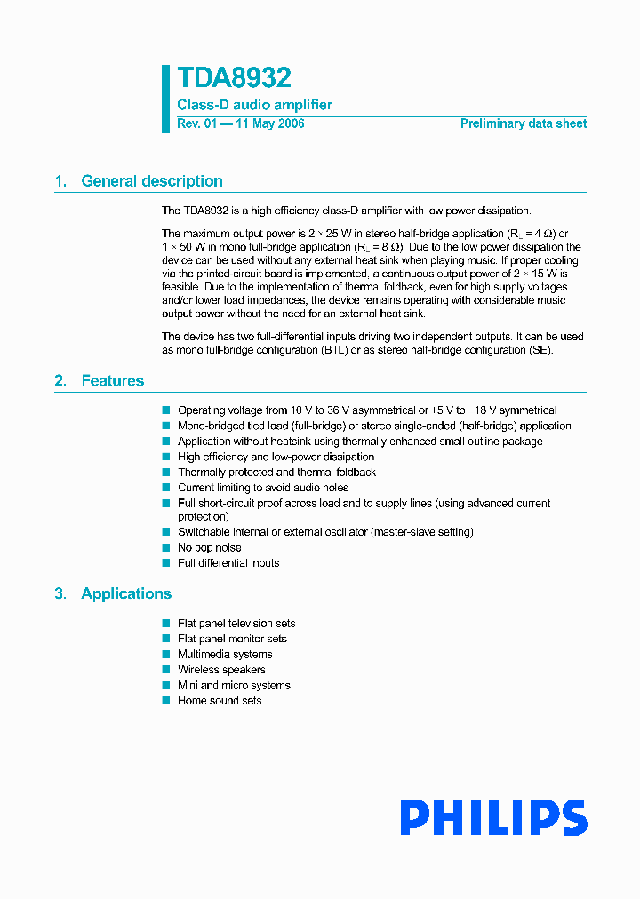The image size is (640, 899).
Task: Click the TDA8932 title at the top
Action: pos(234,79)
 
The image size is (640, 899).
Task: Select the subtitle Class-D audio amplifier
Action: pos(254,105)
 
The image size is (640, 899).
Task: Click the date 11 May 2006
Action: pos(269,124)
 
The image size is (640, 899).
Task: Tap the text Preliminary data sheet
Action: pos(523,124)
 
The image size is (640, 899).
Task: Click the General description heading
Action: pos(151,181)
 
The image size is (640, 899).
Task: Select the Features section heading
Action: pos(112,381)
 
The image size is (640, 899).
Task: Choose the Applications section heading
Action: pos(126,593)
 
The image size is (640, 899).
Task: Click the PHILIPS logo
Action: pos(492,818)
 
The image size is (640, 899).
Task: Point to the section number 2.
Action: pos(60,381)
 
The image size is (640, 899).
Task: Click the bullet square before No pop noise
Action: pos(165,547)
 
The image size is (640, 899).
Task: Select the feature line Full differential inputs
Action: pos(228,563)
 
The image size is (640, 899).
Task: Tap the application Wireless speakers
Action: pos(221,670)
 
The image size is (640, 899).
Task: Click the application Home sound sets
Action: pos(220,701)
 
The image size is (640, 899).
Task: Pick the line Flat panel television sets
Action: pos(236,624)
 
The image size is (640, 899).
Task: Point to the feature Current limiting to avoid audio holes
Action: pos(263,488)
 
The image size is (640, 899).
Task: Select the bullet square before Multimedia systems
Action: pos(165,654)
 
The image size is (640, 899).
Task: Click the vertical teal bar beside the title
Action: pos(165,99)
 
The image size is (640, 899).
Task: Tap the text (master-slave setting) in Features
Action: pos(422,532)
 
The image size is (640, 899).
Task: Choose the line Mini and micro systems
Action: pos(234,686)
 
